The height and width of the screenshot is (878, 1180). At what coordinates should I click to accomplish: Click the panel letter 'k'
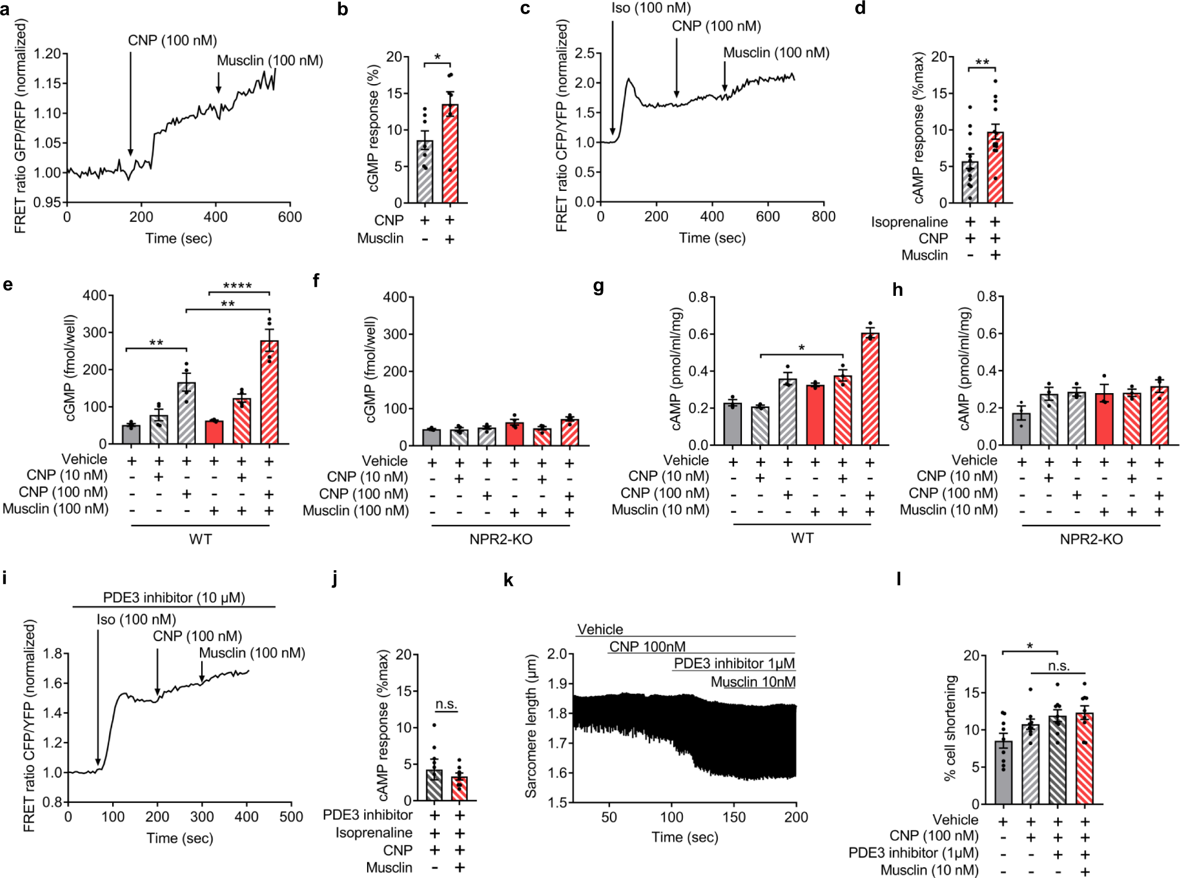[x=508, y=580]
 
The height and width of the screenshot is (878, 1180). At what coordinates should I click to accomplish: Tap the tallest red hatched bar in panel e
[x=269, y=394]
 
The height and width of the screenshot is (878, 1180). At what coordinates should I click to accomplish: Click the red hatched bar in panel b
[x=450, y=155]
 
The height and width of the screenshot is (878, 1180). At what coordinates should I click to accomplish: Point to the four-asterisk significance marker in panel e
[x=237, y=286]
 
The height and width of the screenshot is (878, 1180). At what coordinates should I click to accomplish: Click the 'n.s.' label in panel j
[x=446, y=704]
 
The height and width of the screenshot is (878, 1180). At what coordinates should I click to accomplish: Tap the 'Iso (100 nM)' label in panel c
[x=651, y=8]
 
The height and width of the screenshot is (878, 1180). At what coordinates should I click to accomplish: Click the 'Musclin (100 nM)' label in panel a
[x=270, y=60]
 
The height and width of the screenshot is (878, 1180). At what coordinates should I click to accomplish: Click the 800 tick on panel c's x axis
[x=823, y=217]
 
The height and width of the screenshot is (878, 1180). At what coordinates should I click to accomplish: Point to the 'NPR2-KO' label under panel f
[x=500, y=540]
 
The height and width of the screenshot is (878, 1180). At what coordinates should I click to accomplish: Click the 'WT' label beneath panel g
[x=802, y=539]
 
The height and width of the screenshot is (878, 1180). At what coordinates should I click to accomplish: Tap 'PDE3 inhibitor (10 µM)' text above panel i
[x=174, y=598]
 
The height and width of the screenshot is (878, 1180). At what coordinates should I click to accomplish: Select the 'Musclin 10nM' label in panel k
[x=753, y=682]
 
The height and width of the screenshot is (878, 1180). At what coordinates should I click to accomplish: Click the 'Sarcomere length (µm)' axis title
[x=531, y=726]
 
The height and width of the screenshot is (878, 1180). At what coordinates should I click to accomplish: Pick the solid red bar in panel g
[x=815, y=415]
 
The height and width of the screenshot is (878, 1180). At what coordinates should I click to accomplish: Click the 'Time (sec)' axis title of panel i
[x=179, y=838]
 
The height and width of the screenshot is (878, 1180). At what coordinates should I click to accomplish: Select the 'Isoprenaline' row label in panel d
[x=909, y=222]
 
